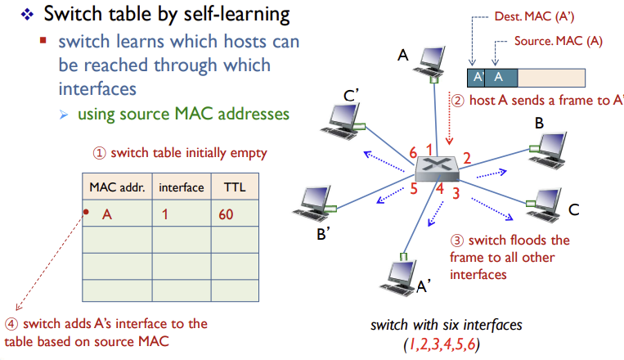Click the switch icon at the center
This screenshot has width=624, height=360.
(x=437, y=168)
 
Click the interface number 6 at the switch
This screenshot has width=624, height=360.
(x=414, y=153)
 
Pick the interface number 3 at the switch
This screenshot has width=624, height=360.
(x=456, y=193)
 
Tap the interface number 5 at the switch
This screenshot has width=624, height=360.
(x=414, y=189)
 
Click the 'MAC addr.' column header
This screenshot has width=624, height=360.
(x=116, y=187)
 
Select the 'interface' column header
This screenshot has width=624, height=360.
(x=182, y=187)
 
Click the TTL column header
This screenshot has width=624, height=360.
(x=235, y=187)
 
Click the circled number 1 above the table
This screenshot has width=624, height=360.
(x=99, y=153)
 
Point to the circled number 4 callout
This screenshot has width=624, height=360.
(x=11, y=324)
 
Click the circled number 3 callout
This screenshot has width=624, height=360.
(x=457, y=241)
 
